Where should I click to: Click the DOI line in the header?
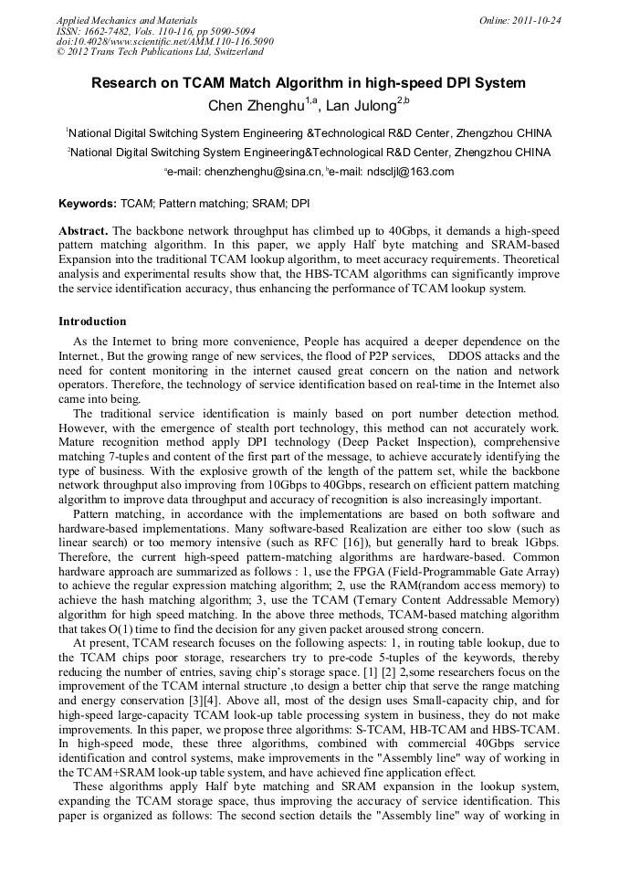(164, 41)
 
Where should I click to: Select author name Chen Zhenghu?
(256, 106)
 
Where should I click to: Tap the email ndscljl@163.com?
(409, 171)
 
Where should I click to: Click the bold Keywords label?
(88, 204)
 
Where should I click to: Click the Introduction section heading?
(92, 322)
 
